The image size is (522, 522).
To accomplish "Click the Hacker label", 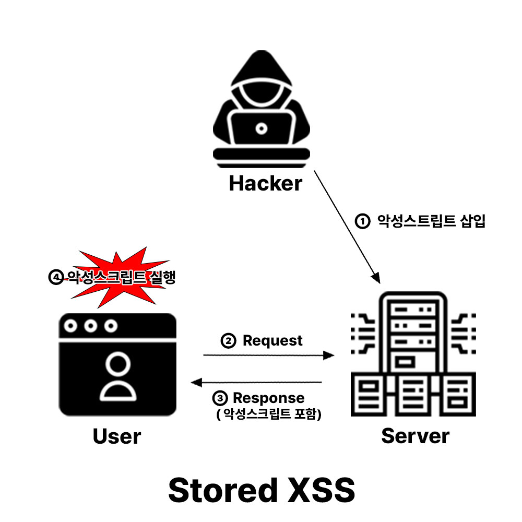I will tap(266, 184).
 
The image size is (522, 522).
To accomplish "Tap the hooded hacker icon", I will tap(261, 110).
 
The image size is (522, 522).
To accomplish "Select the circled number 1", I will tap(362, 221).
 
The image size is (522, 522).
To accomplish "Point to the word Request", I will tap(272, 341).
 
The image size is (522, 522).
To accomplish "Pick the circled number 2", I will tap(228, 341).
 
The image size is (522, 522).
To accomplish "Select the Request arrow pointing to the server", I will tap(268, 355).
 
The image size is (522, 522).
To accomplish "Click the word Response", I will tap(268, 398).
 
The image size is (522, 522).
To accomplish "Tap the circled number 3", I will tap(220, 399).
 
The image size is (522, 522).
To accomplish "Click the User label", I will tap(117, 436).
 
